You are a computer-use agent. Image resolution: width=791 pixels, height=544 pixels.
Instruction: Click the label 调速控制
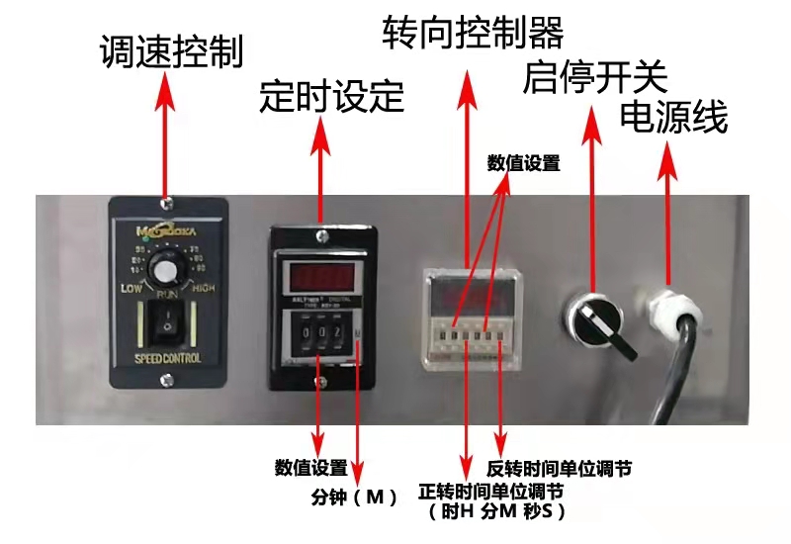(171, 51)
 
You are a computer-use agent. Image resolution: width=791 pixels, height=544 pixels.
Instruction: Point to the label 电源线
(673, 118)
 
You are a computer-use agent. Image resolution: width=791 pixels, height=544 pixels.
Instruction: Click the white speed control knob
(166, 270)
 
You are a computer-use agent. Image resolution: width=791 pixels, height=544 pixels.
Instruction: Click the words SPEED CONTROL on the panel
(167, 357)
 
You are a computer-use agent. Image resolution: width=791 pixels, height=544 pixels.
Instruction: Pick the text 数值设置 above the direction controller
(523, 164)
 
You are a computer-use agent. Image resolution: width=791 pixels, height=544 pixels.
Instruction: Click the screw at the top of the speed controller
(166, 203)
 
